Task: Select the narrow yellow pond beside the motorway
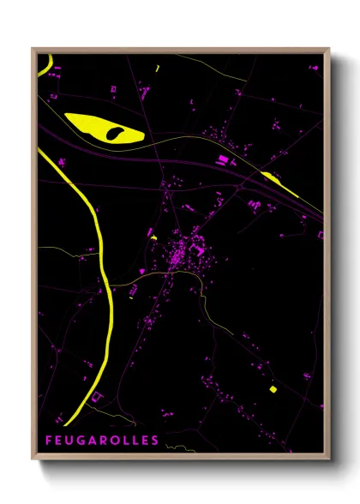click(x=279, y=183)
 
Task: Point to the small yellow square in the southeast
click(x=273, y=389)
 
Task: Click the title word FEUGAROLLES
click(x=102, y=441)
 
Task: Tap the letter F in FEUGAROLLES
click(x=48, y=441)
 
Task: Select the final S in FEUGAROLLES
click(x=155, y=441)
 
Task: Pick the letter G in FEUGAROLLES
click(x=81, y=441)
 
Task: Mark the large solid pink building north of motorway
click(x=224, y=160)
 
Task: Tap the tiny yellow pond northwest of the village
click(x=153, y=237)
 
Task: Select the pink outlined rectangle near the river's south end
click(x=97, y=395)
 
